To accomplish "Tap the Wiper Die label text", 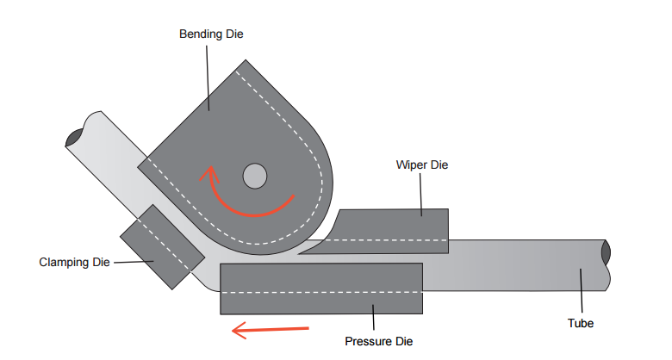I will coord(422,164).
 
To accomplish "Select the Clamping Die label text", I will coord(75,262).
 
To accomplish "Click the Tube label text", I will coord(582,324).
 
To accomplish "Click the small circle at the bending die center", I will coord(254,176).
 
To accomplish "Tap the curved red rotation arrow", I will coord(250,208).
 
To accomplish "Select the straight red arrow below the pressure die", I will coord(271,327).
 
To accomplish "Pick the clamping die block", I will coord(161,246).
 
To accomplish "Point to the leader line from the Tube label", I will coord(582,293).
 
